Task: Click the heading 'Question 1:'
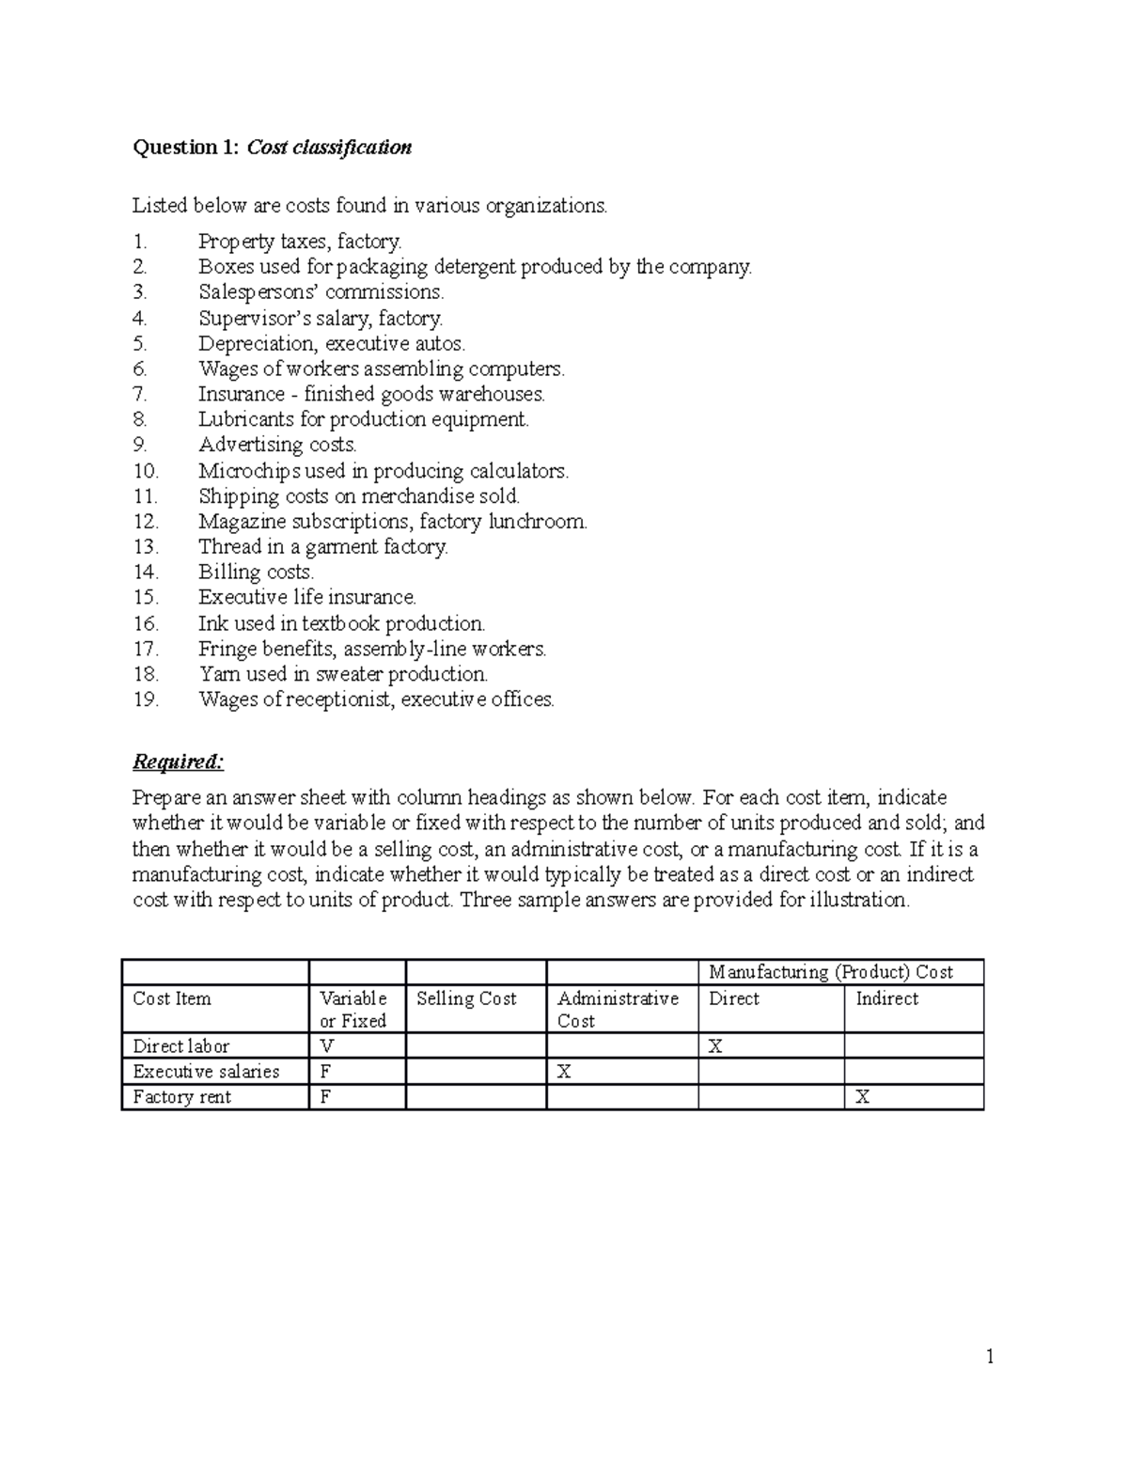point(187,148)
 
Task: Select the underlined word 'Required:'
point(178,761)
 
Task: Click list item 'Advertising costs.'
point(277,445)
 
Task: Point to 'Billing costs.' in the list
point(256,573)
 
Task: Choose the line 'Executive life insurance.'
point(306,598)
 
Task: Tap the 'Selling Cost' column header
point(466,998)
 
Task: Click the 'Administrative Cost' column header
point(617,1009)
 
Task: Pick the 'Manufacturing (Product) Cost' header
point(830,972)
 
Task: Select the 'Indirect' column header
point(886,998)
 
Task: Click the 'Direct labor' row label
point(180,1046)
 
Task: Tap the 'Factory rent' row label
point(181,1097)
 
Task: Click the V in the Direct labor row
point(326,1046)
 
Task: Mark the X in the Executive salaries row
point(564,1072)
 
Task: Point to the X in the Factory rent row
point(862,1097)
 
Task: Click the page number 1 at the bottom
point(989,1356)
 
